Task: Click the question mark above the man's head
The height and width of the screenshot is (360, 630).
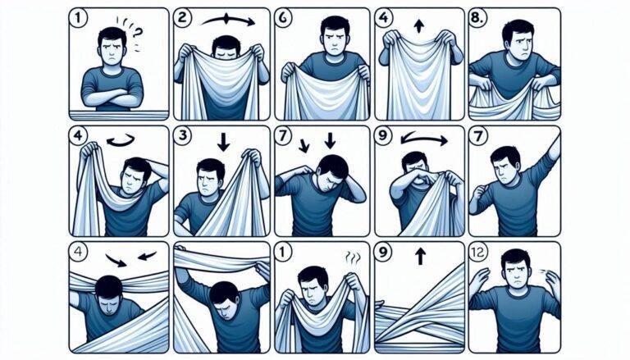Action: pos(138,32)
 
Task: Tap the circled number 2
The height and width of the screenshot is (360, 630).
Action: pos(181,19)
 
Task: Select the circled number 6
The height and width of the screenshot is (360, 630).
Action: pos(282,19)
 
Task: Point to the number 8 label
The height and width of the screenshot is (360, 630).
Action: pos(478,19)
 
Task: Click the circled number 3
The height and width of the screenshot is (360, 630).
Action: pos(182,135)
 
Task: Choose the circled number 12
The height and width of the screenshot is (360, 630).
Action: pos(478,252)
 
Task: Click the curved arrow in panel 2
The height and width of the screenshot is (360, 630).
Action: pos(228,20)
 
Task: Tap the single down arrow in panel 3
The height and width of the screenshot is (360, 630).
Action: pos(223,142)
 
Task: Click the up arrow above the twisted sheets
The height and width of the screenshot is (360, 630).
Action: pos(420,256)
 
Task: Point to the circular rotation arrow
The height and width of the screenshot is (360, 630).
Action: pos(121,140)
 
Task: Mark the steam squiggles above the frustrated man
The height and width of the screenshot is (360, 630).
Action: pos(353,257)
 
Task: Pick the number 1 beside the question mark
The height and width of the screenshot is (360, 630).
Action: pos(78,19)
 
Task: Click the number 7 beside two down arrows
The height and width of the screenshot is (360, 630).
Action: pos(283,135)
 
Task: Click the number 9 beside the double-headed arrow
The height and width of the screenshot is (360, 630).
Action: pos(382,135)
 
